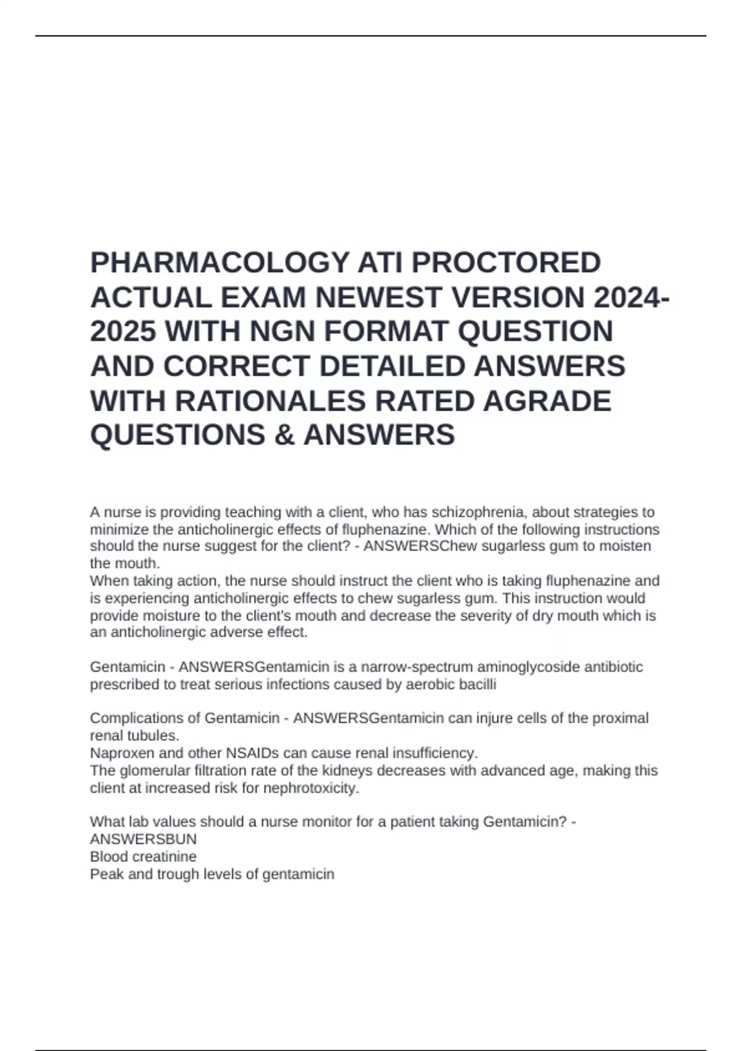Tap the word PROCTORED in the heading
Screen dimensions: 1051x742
click(506, 263)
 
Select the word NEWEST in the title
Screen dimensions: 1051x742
click(378, 298)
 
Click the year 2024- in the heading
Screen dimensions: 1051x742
click(631, 298)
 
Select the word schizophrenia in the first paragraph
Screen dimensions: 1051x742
click(479, 512)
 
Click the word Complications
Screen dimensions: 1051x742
click(137, 718)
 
